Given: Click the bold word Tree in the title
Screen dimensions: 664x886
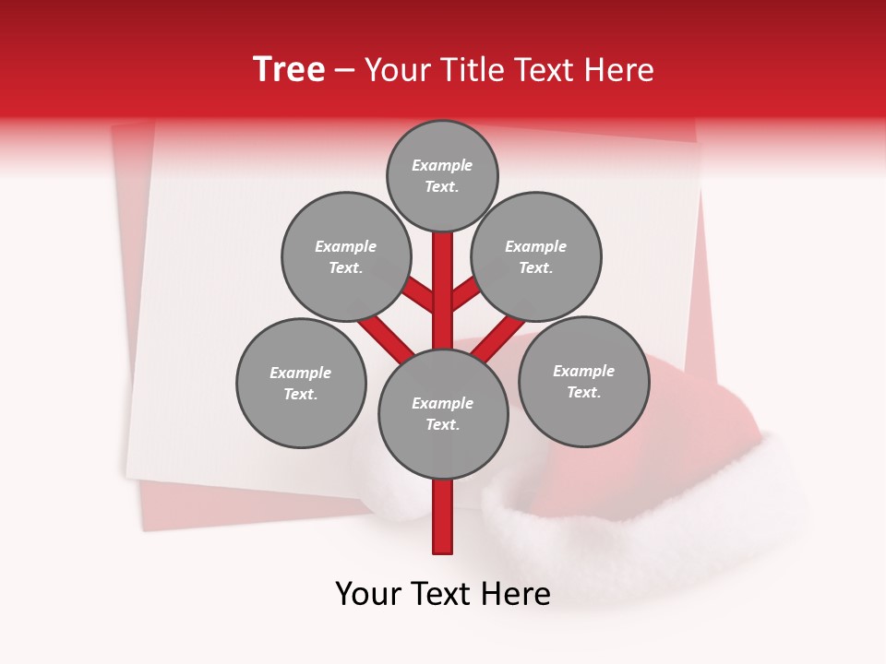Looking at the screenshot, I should [289, 70].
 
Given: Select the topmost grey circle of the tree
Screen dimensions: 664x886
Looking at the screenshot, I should [442, 176].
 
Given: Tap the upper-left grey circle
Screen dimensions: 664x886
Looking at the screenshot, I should [346, 257].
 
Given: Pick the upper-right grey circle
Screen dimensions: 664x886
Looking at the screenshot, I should [536, 257].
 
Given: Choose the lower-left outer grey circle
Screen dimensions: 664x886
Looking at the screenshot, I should [301, 384].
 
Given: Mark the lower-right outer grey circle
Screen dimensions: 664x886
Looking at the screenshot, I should [583, 382].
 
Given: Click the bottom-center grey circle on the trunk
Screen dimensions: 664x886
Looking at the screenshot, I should [443, 414].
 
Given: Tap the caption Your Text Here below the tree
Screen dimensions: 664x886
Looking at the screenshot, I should [443, 594].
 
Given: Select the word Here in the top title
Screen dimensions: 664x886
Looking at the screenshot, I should [621, 70].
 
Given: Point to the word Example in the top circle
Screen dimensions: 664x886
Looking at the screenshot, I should [442, 166].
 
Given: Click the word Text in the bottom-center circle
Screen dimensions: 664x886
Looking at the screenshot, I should [440, 425].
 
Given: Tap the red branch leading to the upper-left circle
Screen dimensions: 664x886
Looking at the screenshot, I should [418, 293].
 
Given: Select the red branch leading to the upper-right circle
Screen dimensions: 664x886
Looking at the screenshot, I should [467, 292].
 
